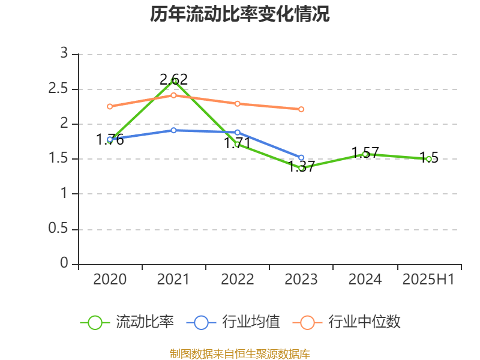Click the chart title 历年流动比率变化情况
click(240, 14)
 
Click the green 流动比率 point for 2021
click(174, 80)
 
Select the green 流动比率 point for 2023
click(301, 168)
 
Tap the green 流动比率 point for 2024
click(365, 154)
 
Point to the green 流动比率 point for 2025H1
click(429, 159)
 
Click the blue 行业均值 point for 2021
click(173, 130)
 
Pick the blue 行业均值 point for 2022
click(238, 132)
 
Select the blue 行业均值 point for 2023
click(301, 158)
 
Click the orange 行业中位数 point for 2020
click(110, 106)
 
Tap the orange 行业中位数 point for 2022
click(238, 104)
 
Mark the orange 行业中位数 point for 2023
click(301, 109)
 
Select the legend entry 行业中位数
click(346, 322)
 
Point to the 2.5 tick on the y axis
click(60, 89)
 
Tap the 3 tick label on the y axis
click(64, 54)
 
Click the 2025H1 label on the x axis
click(428, 280)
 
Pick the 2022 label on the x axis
click(238, 280)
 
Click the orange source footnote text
click(240, 353)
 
